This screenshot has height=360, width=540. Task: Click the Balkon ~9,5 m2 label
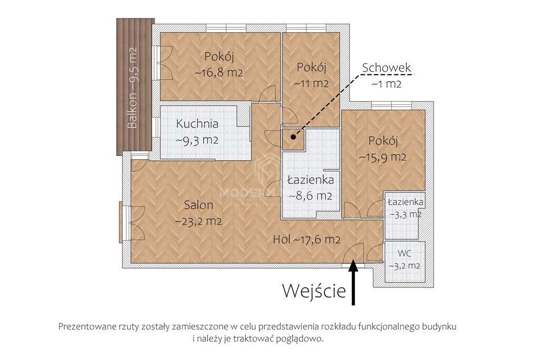tap(133, 88)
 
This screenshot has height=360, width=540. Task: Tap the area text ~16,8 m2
tap(219, 73)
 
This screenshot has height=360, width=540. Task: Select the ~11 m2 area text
tap(312, 83)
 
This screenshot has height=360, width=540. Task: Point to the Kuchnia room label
tap(197, 124)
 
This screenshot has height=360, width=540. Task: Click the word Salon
tap(198, 205)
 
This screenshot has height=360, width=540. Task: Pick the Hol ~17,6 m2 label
tap(306, 239)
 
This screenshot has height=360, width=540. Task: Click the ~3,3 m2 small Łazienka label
tap(405, 214)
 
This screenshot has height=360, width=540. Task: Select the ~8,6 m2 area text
tap(310, 196)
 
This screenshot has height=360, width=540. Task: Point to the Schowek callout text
tap(386, 68)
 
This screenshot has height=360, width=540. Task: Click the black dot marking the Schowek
tap(293, 137)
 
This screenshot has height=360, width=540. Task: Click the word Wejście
tap(314, 290)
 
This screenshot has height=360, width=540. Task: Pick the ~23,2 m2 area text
tap(198, 221)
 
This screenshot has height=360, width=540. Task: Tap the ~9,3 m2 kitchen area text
tap(197, 140)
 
